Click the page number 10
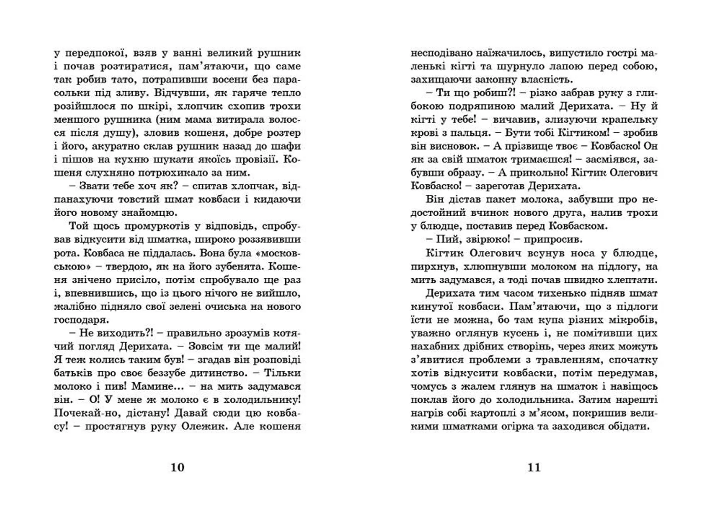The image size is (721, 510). coord(177,467)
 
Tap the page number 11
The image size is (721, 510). coord(534,467)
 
